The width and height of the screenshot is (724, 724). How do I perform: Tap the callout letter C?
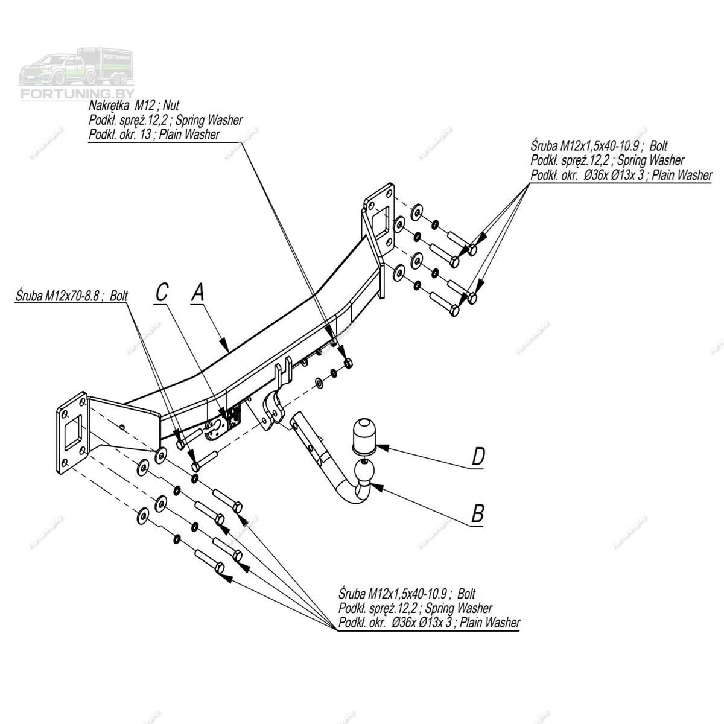click(162, 293)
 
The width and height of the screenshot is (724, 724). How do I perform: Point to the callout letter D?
click(477, 457)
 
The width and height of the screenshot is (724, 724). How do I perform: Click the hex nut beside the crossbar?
click(348, 363)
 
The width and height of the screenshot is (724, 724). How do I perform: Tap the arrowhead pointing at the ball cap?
click(381, 448)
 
